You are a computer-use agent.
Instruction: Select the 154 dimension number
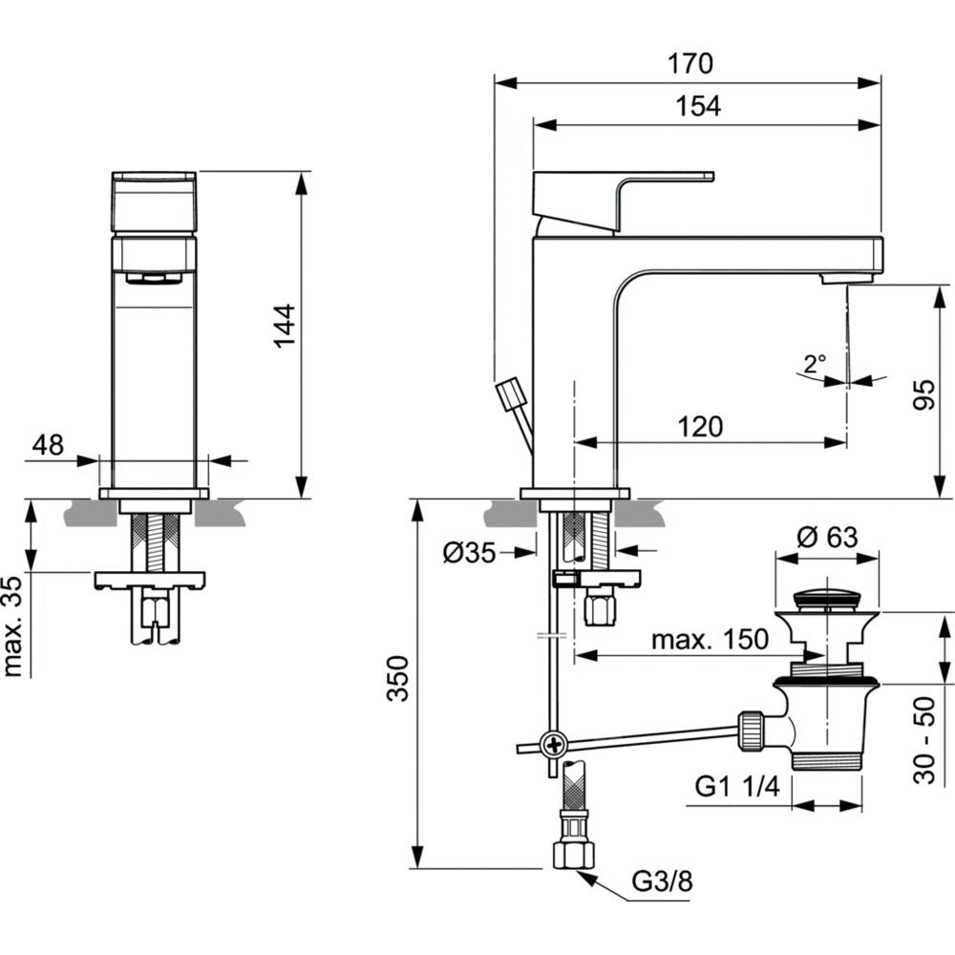coord(700,107)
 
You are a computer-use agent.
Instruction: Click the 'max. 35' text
coord(12,626)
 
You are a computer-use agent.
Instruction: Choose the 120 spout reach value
coord(702,426)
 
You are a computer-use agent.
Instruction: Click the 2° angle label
coord(814,363)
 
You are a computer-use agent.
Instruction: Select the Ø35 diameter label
coord(469,552)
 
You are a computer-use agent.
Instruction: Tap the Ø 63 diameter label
coord(827,537)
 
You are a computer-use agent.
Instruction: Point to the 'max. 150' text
coord(709,639)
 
